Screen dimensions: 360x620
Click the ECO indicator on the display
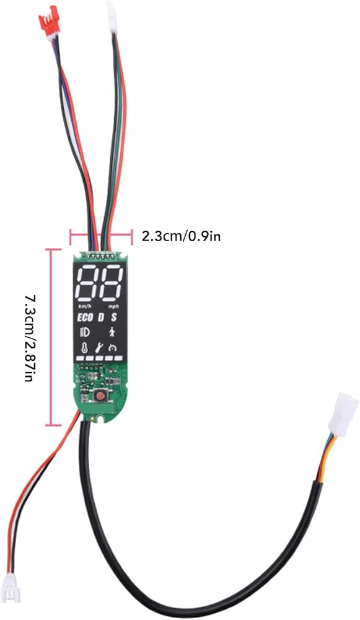pos(85,317)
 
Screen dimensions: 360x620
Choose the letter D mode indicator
pos(101,317)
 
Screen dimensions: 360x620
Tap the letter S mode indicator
pos(114,317)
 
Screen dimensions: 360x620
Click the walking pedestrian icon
pos(113,331)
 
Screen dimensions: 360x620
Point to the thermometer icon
pos(84,348)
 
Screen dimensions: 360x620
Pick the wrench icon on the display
pos(99,348)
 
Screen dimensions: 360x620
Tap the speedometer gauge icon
pos(114,348)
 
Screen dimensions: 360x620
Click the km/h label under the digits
pos(84,307)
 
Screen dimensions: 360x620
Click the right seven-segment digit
pos(111,284)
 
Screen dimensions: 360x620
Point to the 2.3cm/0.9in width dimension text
pos(182,236)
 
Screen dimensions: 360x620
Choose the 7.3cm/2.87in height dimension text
pos(29,337)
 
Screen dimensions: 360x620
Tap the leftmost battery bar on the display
pos(79,358)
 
